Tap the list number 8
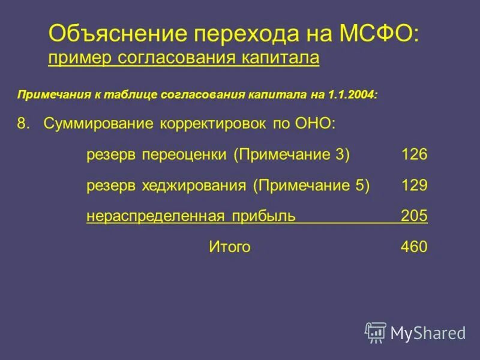[23, 124]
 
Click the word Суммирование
[98, 124]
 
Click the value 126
[414, 155]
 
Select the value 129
[414, 185]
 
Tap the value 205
[414, 216]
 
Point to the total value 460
[414, 247]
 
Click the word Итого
[229, 247]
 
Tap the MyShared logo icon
[375, 332]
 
